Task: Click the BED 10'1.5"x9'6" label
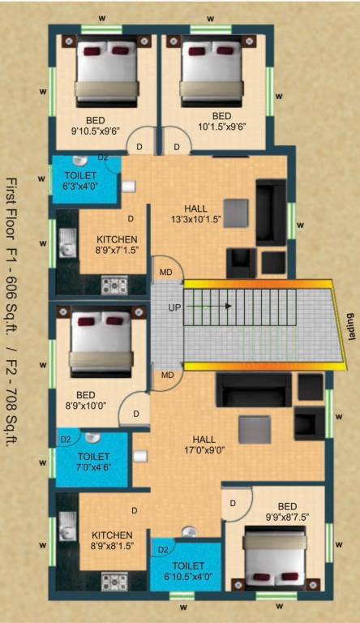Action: pos(221,121)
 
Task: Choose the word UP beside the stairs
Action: pos(174,307)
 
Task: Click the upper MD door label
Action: pos(165,271)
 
